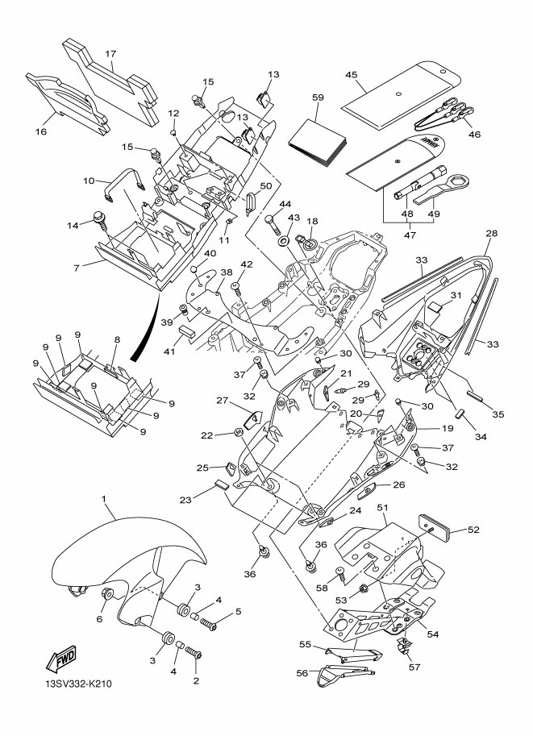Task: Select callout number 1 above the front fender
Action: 104,501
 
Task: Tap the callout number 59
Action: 318,98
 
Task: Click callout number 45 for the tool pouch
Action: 352,75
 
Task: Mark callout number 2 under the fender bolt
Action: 196,680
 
